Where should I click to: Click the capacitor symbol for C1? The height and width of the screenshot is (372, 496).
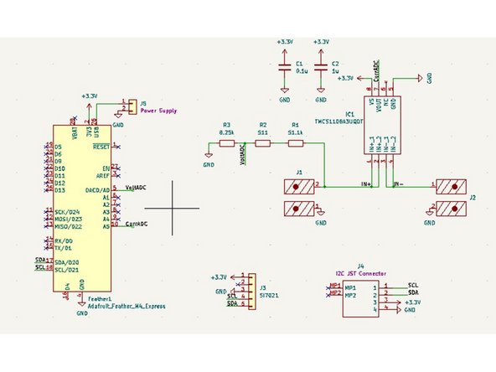(285, 70)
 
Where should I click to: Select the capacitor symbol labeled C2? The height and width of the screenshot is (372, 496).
(320, 70)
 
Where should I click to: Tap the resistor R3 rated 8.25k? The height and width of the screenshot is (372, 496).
(225, 144)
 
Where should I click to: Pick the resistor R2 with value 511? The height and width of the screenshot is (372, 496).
(262, 144)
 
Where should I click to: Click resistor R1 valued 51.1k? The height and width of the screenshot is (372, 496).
(295, 144)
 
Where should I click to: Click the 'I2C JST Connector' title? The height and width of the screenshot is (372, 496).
(359, 272)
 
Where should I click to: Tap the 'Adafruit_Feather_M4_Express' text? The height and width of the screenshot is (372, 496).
(126, 306)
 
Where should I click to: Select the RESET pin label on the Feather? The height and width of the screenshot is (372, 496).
(102, 147)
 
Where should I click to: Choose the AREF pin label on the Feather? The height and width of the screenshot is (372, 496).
(103, 176)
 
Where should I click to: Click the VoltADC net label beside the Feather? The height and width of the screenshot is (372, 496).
(137, 189)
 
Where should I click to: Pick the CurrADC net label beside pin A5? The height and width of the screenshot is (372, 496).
(137, 225)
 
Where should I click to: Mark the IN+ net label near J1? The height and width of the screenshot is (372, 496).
(365, 183)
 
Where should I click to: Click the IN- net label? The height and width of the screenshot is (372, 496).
(399, 183)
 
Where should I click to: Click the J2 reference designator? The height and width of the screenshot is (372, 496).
(473, 198)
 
